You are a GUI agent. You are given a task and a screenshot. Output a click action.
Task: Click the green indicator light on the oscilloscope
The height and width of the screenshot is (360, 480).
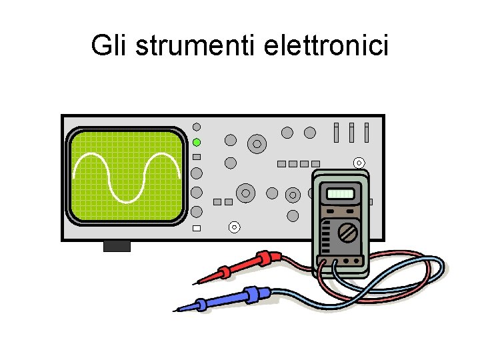click(x=197, y=142)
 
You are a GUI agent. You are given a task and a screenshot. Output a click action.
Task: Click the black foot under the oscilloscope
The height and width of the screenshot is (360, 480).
click(x=117, y=247)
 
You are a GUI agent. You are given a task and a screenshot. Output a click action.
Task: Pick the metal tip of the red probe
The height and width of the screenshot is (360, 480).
click(x=199, y=281)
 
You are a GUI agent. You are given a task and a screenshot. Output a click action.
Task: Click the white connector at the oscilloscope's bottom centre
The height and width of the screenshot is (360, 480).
click(x=234, y=227)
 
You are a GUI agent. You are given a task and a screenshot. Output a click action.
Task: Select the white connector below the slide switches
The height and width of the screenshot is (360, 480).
click(x=359, y=162)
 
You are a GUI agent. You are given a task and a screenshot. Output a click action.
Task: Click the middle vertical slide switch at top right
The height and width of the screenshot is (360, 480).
click(x=351, y=132)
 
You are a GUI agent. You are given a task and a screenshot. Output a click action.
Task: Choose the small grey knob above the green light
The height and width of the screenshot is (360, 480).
click(x=197, y=127)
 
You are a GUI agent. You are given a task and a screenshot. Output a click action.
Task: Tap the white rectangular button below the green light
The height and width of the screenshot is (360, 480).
click(x=196, y=157)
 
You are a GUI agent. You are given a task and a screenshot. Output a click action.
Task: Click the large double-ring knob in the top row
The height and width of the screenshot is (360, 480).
click(x=257, y=143)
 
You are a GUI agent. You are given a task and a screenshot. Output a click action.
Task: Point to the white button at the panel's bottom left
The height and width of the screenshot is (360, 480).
click(x=196, y=229)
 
